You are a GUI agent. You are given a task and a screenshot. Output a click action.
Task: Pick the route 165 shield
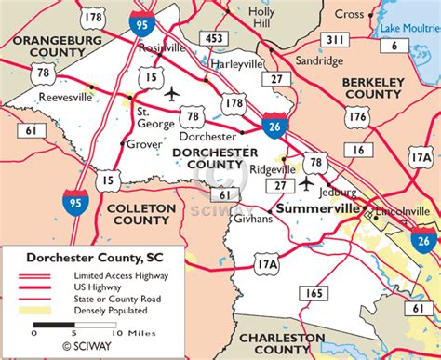tap(314, 293)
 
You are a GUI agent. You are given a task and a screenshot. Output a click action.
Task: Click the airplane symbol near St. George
tap(171, 93)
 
